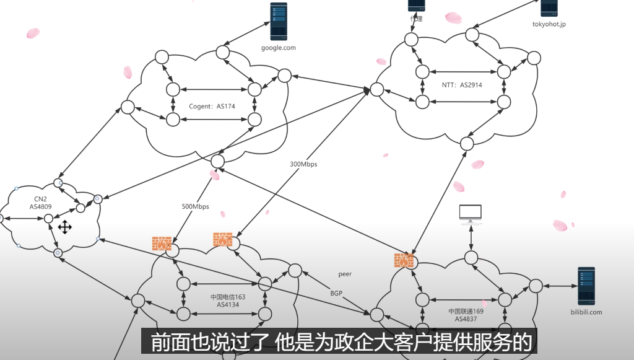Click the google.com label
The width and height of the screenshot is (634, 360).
[x=279, y=47]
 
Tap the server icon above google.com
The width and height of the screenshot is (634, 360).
[x=279, y=22]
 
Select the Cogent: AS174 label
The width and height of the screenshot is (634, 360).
[x=212, y=107]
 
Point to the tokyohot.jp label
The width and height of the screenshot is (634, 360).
[x=549, y=25]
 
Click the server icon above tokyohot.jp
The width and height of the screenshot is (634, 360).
[x=549, y=7]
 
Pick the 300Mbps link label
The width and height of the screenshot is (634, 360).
[x=303, y=164]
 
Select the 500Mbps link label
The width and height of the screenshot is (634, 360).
[x=195, y=206]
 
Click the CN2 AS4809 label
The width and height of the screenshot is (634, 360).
[x=40, y=203]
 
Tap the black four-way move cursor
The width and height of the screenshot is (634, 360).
[x=65, y=227]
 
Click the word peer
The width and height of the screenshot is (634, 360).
[x=345, y=273]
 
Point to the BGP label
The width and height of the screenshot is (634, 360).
[x=336, y=292]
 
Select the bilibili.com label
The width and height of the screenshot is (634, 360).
[x=585, y=312]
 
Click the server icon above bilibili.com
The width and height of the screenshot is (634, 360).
[x=586, y=286]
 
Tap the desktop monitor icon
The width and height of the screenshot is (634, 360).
[x=471, y=214]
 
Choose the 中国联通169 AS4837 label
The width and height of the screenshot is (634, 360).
[x=466, y=315]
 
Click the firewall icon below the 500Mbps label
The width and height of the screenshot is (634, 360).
[x=162, y=244]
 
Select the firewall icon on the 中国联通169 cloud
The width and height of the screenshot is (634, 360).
[x=403, y=261]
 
